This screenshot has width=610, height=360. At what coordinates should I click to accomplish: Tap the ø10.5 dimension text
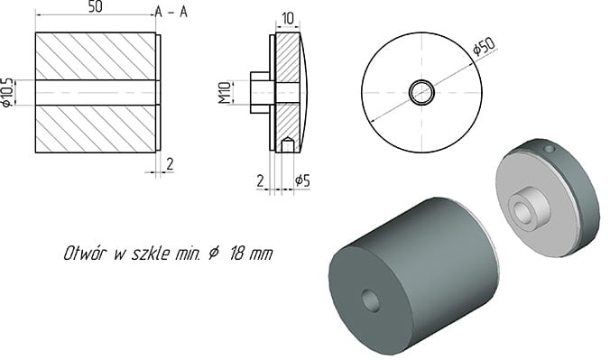coord(8,92)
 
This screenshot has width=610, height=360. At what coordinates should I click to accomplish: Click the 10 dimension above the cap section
coord(288,18)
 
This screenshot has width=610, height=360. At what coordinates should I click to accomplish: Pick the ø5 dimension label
coord(303,181)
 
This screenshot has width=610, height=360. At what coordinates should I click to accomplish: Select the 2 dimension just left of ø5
coord(260,181)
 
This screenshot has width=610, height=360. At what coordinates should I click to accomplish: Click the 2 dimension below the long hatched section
coord(169,162)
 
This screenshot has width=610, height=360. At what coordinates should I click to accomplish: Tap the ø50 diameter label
coord(485,46)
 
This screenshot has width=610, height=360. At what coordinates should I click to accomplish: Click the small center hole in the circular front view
coord(421,92)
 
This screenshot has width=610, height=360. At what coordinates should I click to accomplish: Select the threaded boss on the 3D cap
coord(522,209)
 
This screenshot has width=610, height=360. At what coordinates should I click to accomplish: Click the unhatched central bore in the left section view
coord(96,92)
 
